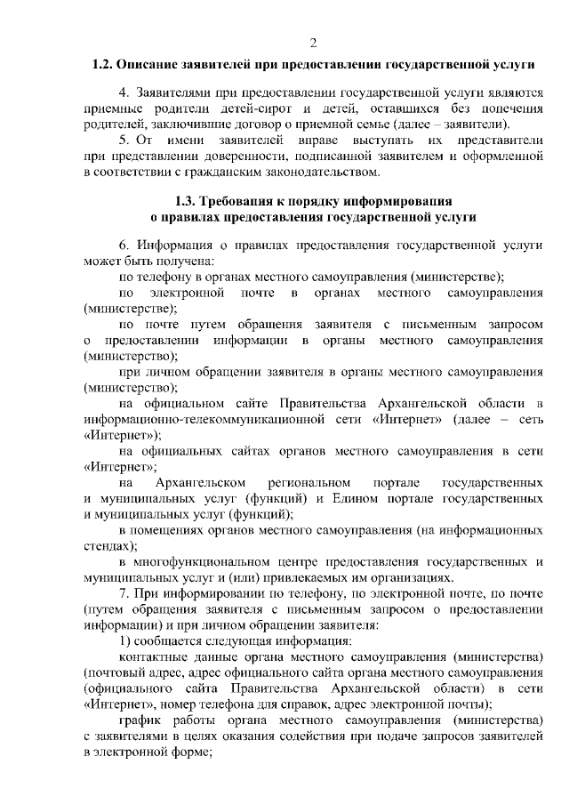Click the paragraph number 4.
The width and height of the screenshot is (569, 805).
pyautogui.click(x=124, y=93)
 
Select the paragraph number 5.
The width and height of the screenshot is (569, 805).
pyautogui.click(x=124, y=141)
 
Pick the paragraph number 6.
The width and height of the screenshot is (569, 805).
pyautogui.click(x=124, y=245)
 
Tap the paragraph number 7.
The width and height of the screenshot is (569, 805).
pyautogui.click(x=124, y=592)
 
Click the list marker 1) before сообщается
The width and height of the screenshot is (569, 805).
pyautogui.click(x=125, y=640)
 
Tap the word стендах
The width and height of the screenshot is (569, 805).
pyautogui.click(x=108, y=546)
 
